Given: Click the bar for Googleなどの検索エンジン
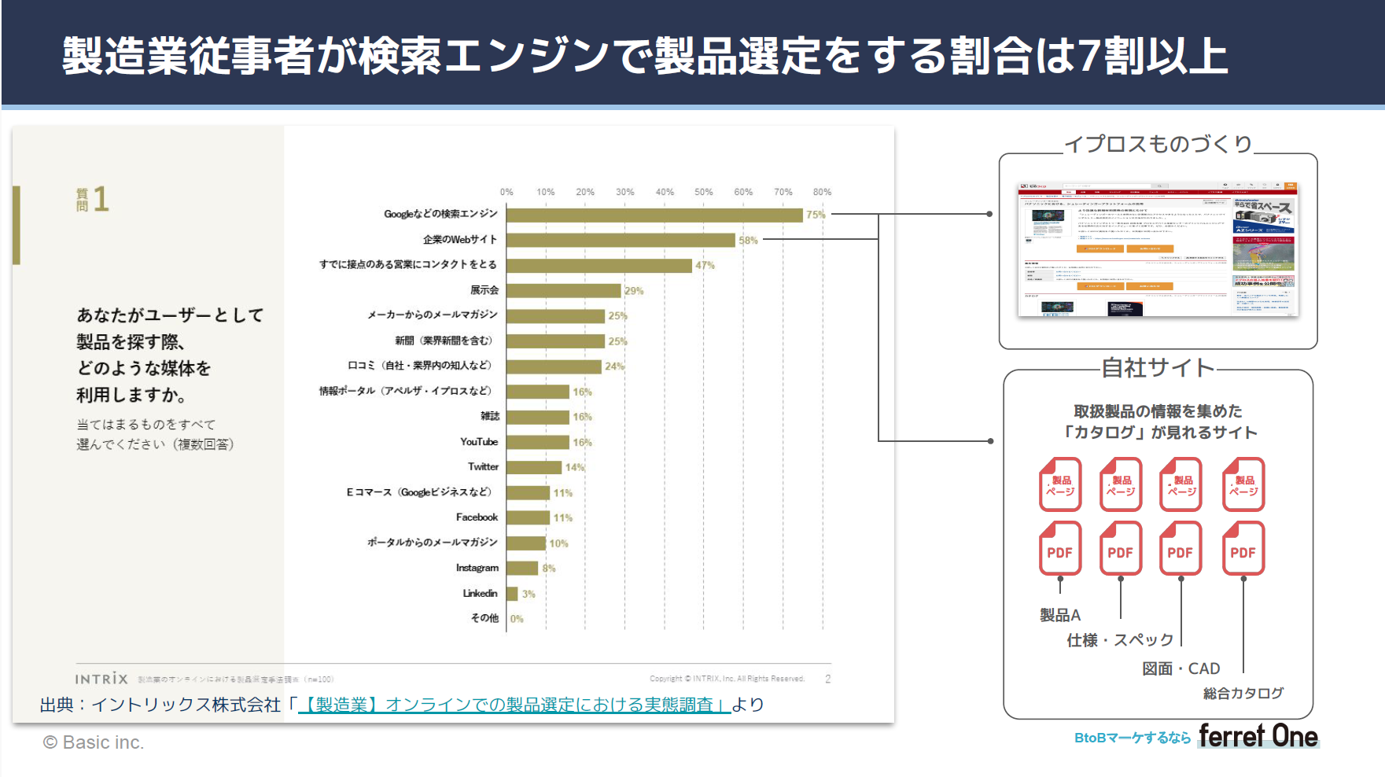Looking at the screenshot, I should coord(654,215).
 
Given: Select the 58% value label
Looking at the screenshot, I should coord(748,241).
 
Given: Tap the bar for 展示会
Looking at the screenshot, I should coord(564,291).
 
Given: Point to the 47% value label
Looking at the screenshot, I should coord(705,266).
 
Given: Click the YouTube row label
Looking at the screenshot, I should coord(479,442).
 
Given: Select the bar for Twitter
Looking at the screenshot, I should coord(534,467).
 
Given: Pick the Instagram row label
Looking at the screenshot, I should coord(477,568).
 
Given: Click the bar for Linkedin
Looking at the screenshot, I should coord(512,594).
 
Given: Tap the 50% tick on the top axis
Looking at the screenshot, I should coord(703,192).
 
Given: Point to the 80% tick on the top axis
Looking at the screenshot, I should coord(822,192).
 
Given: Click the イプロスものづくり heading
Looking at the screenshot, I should coord(1158,144).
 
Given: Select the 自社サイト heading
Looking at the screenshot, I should coord(1158,367).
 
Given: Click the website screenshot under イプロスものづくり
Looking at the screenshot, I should coord(1158,249).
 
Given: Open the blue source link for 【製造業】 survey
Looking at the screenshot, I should coord(515,705).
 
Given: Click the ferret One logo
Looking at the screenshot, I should coord(1258,736).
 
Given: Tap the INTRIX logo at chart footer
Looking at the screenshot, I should coord(101,679).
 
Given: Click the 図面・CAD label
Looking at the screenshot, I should coord(1181,668).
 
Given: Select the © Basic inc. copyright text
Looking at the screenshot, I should coord(94,742).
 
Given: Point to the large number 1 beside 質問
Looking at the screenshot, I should coord(101,200).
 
